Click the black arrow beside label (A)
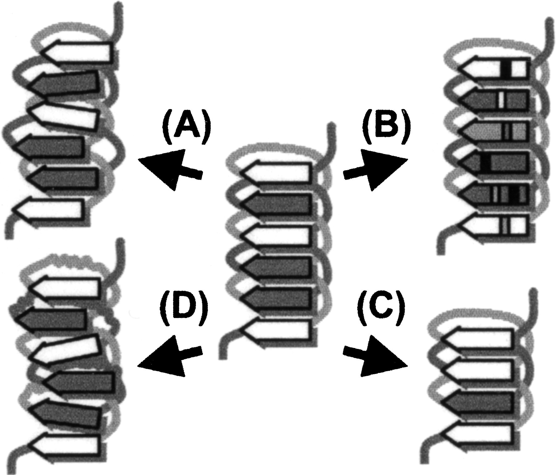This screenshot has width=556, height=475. click(x=168, y=168)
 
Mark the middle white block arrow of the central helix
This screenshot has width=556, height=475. click(x=276, y=236)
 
